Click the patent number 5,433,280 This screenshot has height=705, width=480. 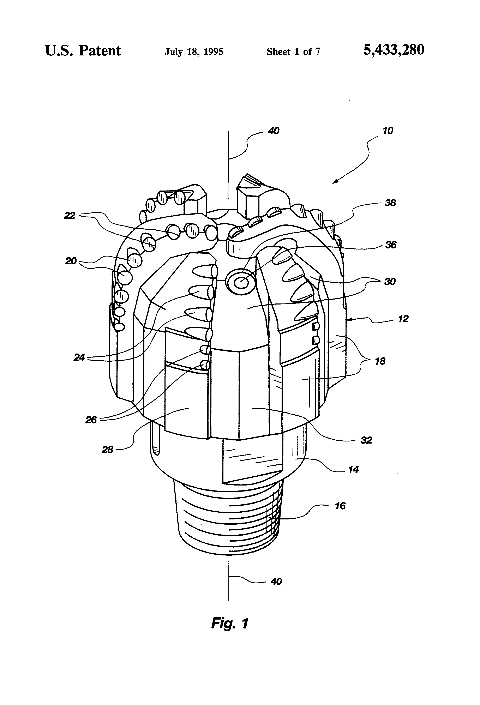click(394, 50)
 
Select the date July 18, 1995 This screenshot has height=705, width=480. click(194, 52)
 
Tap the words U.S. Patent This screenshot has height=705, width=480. click(83, 51)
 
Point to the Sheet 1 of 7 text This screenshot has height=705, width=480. click(293, 52)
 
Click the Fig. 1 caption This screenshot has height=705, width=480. click(230, 623)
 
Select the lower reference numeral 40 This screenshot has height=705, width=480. click(276, 581)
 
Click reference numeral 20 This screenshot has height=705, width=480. click(71, 261)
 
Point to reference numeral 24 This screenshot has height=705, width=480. click(79, 358)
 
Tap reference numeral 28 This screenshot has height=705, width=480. click(107, 449)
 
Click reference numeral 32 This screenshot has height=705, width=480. click(366, 440)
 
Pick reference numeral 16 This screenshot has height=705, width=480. click(340, 506)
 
